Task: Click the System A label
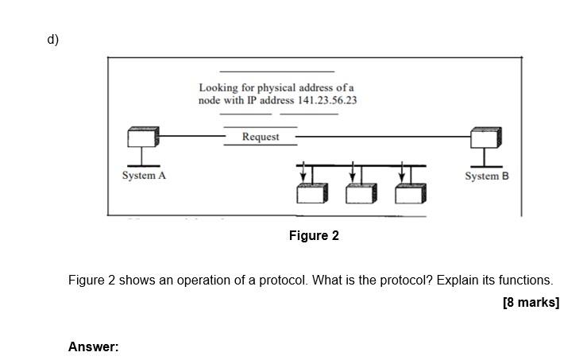coord(144,175)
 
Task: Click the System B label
coord(486,176)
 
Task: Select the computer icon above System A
coord(143,137)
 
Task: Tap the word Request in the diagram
coord(261,137)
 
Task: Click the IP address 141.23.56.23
coord(326,100)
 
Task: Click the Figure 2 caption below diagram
coord(314,235)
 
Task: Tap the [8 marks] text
coord(531,302)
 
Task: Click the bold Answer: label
coord(93,346)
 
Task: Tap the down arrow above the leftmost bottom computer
coord(302,172)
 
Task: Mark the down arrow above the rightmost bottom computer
coord(402,172)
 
